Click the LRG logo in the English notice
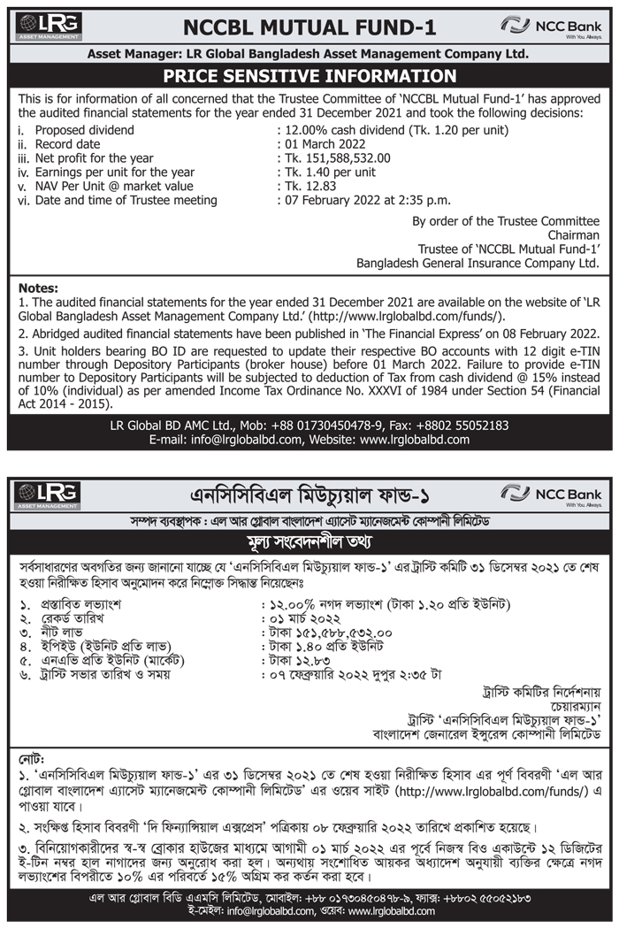tap(48, 27)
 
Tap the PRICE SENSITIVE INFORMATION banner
tap(309, 76)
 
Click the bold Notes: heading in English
tap(38, 288)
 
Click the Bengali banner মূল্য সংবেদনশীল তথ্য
tap(309, 540)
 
